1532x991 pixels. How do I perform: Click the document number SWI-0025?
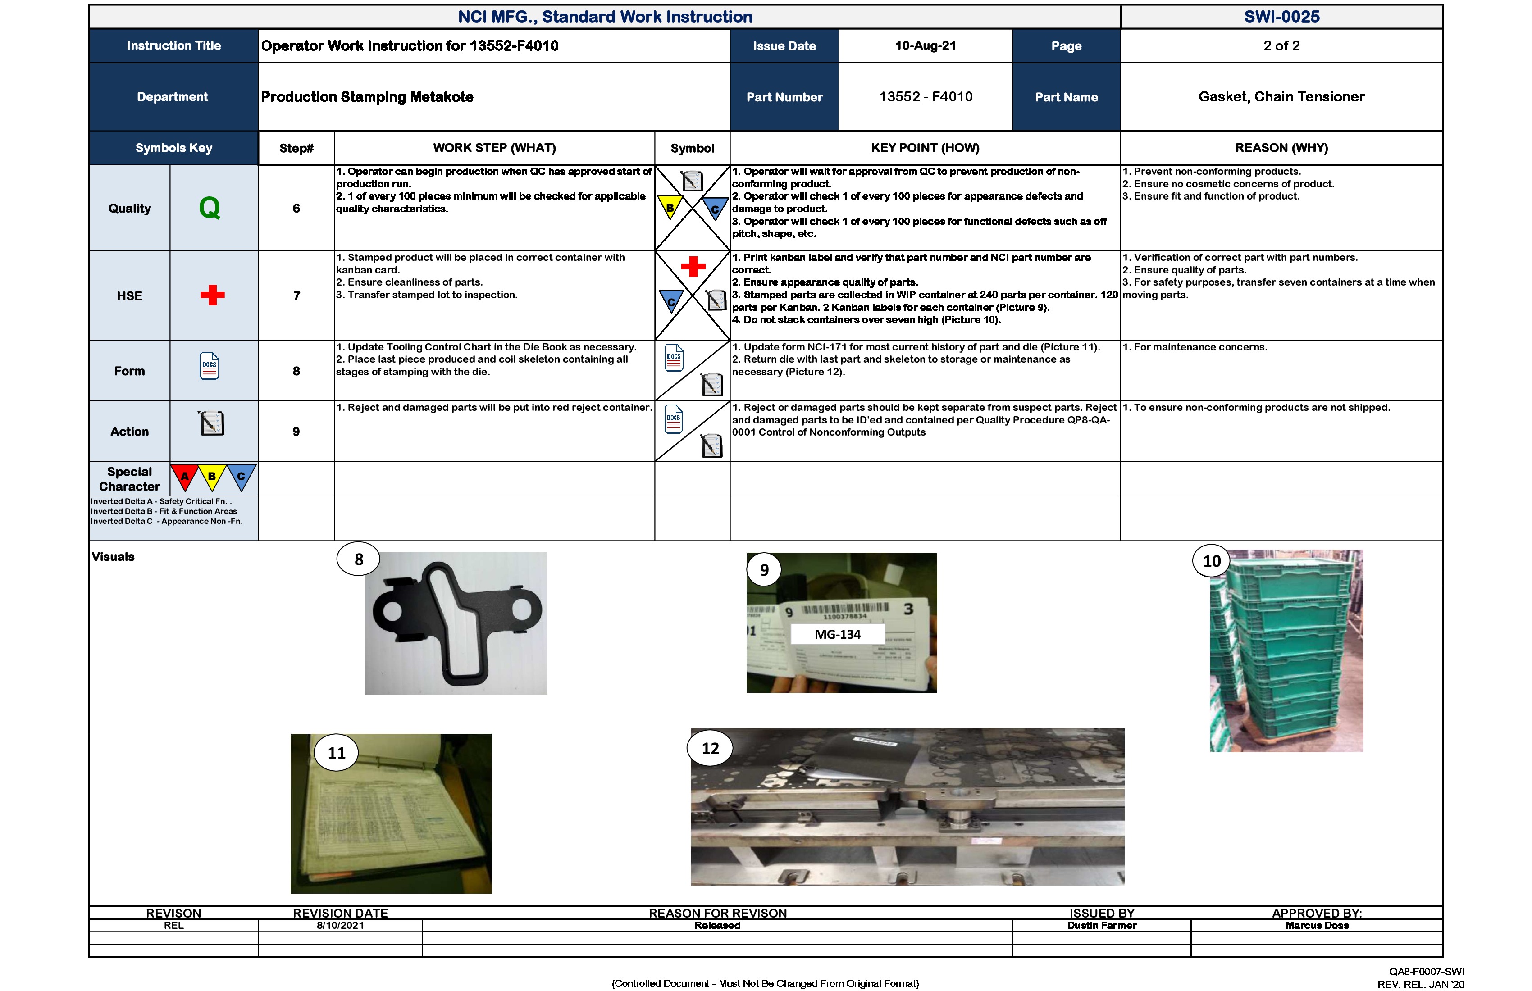click(1281, 17)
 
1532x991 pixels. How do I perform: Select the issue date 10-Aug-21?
click(925, 45)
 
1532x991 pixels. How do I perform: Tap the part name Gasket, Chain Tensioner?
click(1281, 96)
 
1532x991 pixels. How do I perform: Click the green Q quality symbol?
click(210, 208)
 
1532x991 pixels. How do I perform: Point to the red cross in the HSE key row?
click(212, 295)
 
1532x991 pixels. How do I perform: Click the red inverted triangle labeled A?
click(185, 476)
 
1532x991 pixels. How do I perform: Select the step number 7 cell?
click(296, 296)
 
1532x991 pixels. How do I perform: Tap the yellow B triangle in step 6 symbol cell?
click(670, 207)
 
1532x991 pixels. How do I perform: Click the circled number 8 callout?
click(359, 559)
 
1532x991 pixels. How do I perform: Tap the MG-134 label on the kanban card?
click(838, 634)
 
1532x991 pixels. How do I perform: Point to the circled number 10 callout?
click(1212, 561)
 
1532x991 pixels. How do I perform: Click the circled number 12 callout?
click(710, 748)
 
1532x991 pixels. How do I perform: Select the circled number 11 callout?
click(337, 753)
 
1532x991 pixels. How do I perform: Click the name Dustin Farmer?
click(1101, 925)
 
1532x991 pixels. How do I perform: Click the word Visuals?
click(113, 557)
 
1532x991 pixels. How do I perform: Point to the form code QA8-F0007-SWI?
click(1426, 972)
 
